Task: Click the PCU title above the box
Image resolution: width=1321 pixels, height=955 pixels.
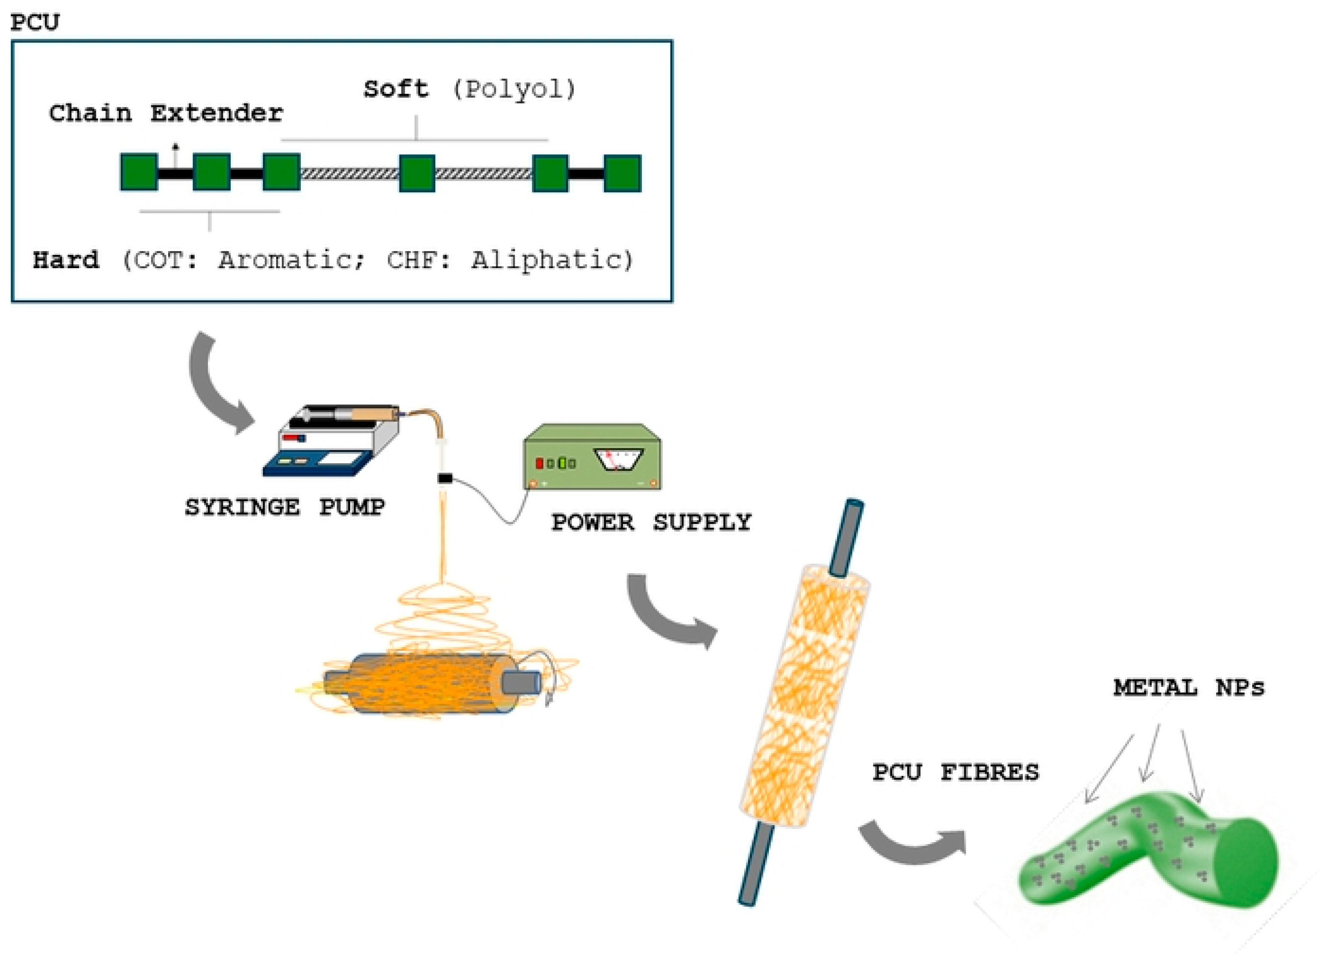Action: [35, 22]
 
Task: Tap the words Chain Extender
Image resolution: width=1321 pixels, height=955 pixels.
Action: [165, 113]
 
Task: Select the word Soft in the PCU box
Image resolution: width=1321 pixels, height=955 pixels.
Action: [396, 89]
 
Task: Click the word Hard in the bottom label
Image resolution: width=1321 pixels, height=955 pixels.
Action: [66, 260]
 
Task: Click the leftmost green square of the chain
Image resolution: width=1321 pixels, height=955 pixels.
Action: [139, 172]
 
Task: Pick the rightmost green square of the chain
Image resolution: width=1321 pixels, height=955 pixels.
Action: [622, 173]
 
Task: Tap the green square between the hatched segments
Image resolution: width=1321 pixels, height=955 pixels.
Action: [417, 173]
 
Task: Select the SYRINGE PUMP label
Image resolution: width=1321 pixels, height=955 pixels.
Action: [284, 507]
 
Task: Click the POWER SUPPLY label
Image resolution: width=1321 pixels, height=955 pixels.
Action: [651, 522]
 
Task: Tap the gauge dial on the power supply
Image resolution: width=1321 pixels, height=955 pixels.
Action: [617, 459]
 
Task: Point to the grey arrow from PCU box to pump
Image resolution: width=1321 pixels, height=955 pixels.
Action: [216, 384]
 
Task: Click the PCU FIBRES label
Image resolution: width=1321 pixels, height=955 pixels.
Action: [955, 772]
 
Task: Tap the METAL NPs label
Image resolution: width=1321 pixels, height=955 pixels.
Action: [1188, 688]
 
